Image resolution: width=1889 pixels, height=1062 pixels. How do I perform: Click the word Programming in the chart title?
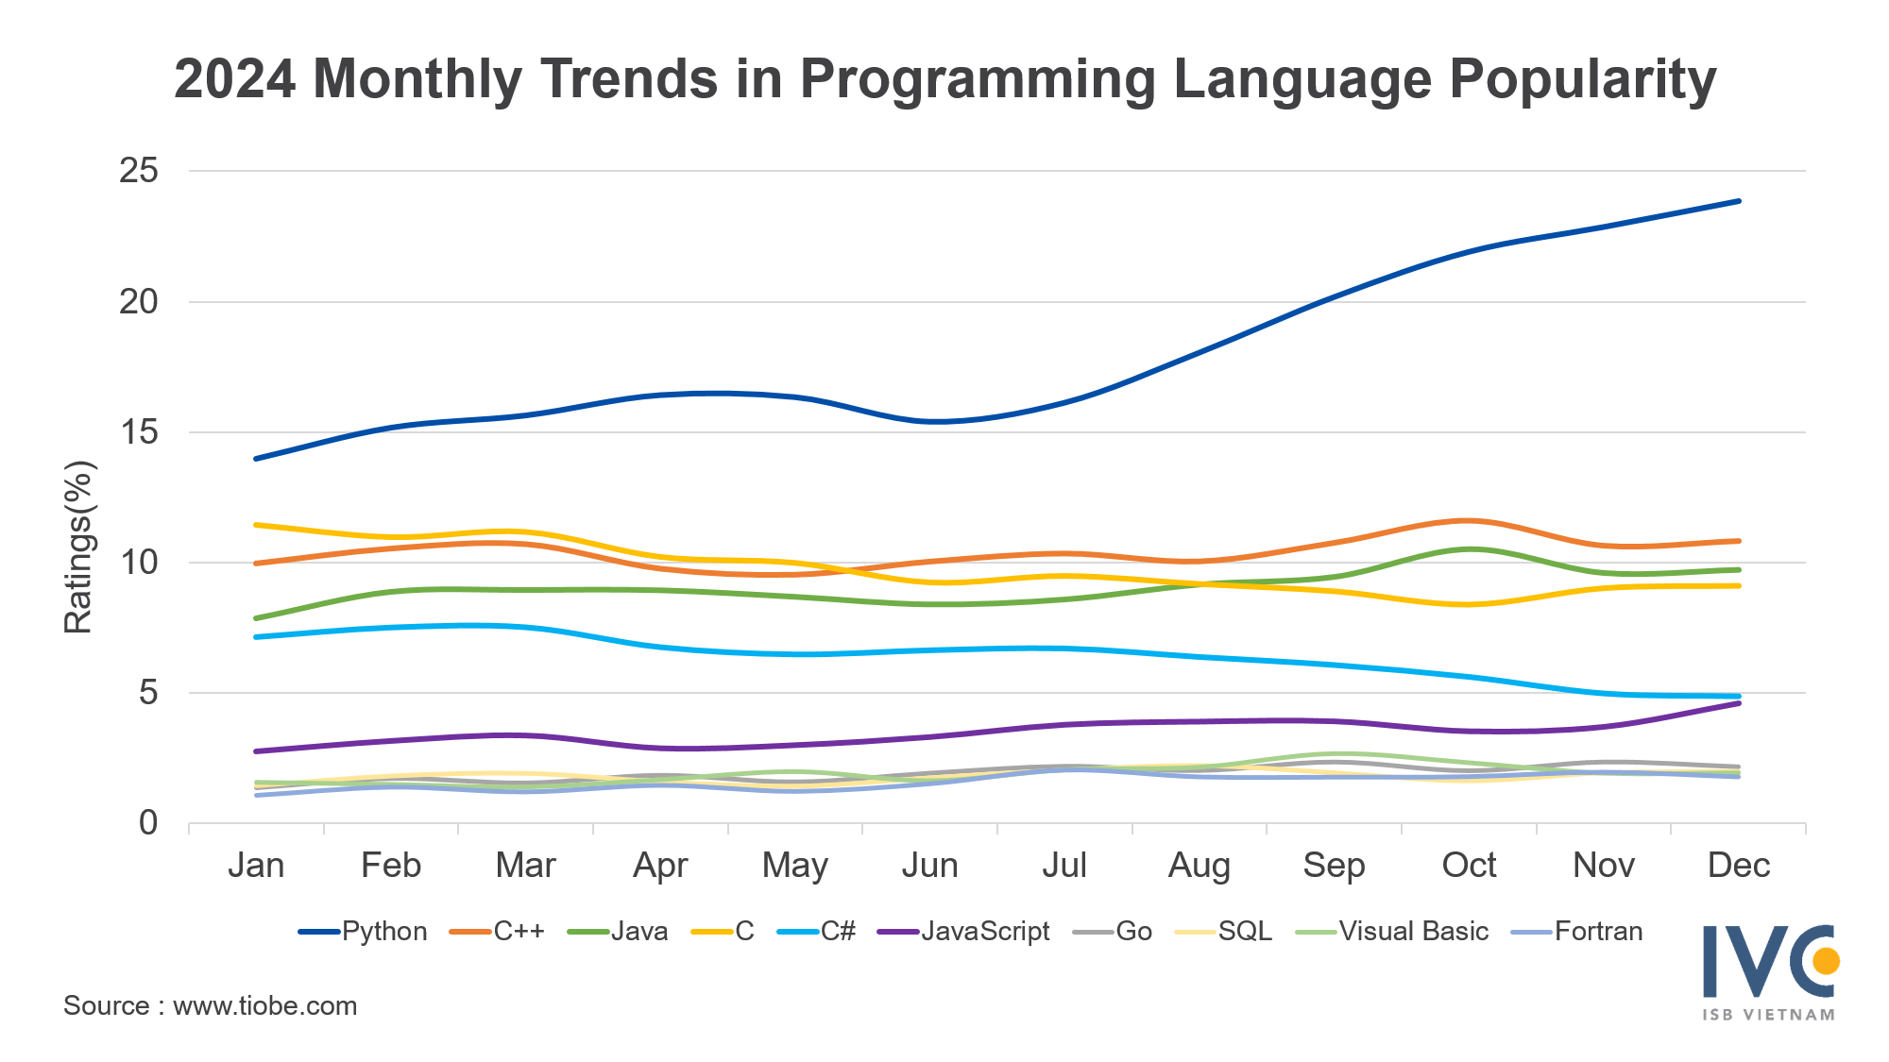pos(977,79)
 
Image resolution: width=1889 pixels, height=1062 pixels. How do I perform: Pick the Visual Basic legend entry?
pos(1412,932)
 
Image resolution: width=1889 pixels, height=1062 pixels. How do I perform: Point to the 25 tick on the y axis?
pos(139,171)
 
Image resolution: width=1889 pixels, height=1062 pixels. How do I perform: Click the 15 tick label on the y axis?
pos(139,432)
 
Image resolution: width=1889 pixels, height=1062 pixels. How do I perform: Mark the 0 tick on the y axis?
pos(148,823)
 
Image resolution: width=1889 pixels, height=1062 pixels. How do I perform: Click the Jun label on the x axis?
pos(929,866)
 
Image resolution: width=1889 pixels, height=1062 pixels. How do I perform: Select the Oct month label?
pos(1469,866)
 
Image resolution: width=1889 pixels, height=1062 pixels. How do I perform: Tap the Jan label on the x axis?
pos(256,866)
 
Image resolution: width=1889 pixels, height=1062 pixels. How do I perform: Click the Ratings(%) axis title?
pos(78,547)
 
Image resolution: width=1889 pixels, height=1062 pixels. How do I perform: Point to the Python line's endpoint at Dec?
pos(1739,201)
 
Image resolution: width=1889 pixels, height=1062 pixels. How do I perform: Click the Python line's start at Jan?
pos(256,459)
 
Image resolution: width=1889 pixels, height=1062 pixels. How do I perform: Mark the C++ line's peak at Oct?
pos(1469,520)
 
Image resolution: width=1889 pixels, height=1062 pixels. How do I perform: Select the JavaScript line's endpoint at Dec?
pos(1739,703)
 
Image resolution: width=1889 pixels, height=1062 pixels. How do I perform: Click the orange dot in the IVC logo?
pos(1826,961)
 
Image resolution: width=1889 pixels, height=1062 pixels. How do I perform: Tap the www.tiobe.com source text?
pos(264,1006)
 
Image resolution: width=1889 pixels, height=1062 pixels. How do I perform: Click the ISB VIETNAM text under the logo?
pos(1768,1016)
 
